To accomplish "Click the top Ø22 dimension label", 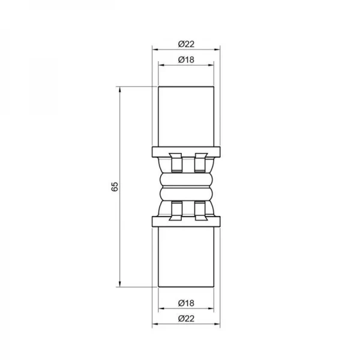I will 186,43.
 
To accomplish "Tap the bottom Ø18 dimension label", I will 186,303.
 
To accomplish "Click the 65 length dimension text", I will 115,187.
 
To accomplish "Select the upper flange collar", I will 186,151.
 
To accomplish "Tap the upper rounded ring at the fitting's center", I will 186,179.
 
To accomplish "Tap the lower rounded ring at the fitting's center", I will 186,194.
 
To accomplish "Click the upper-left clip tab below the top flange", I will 175,163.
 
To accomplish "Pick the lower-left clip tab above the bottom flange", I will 175,211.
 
